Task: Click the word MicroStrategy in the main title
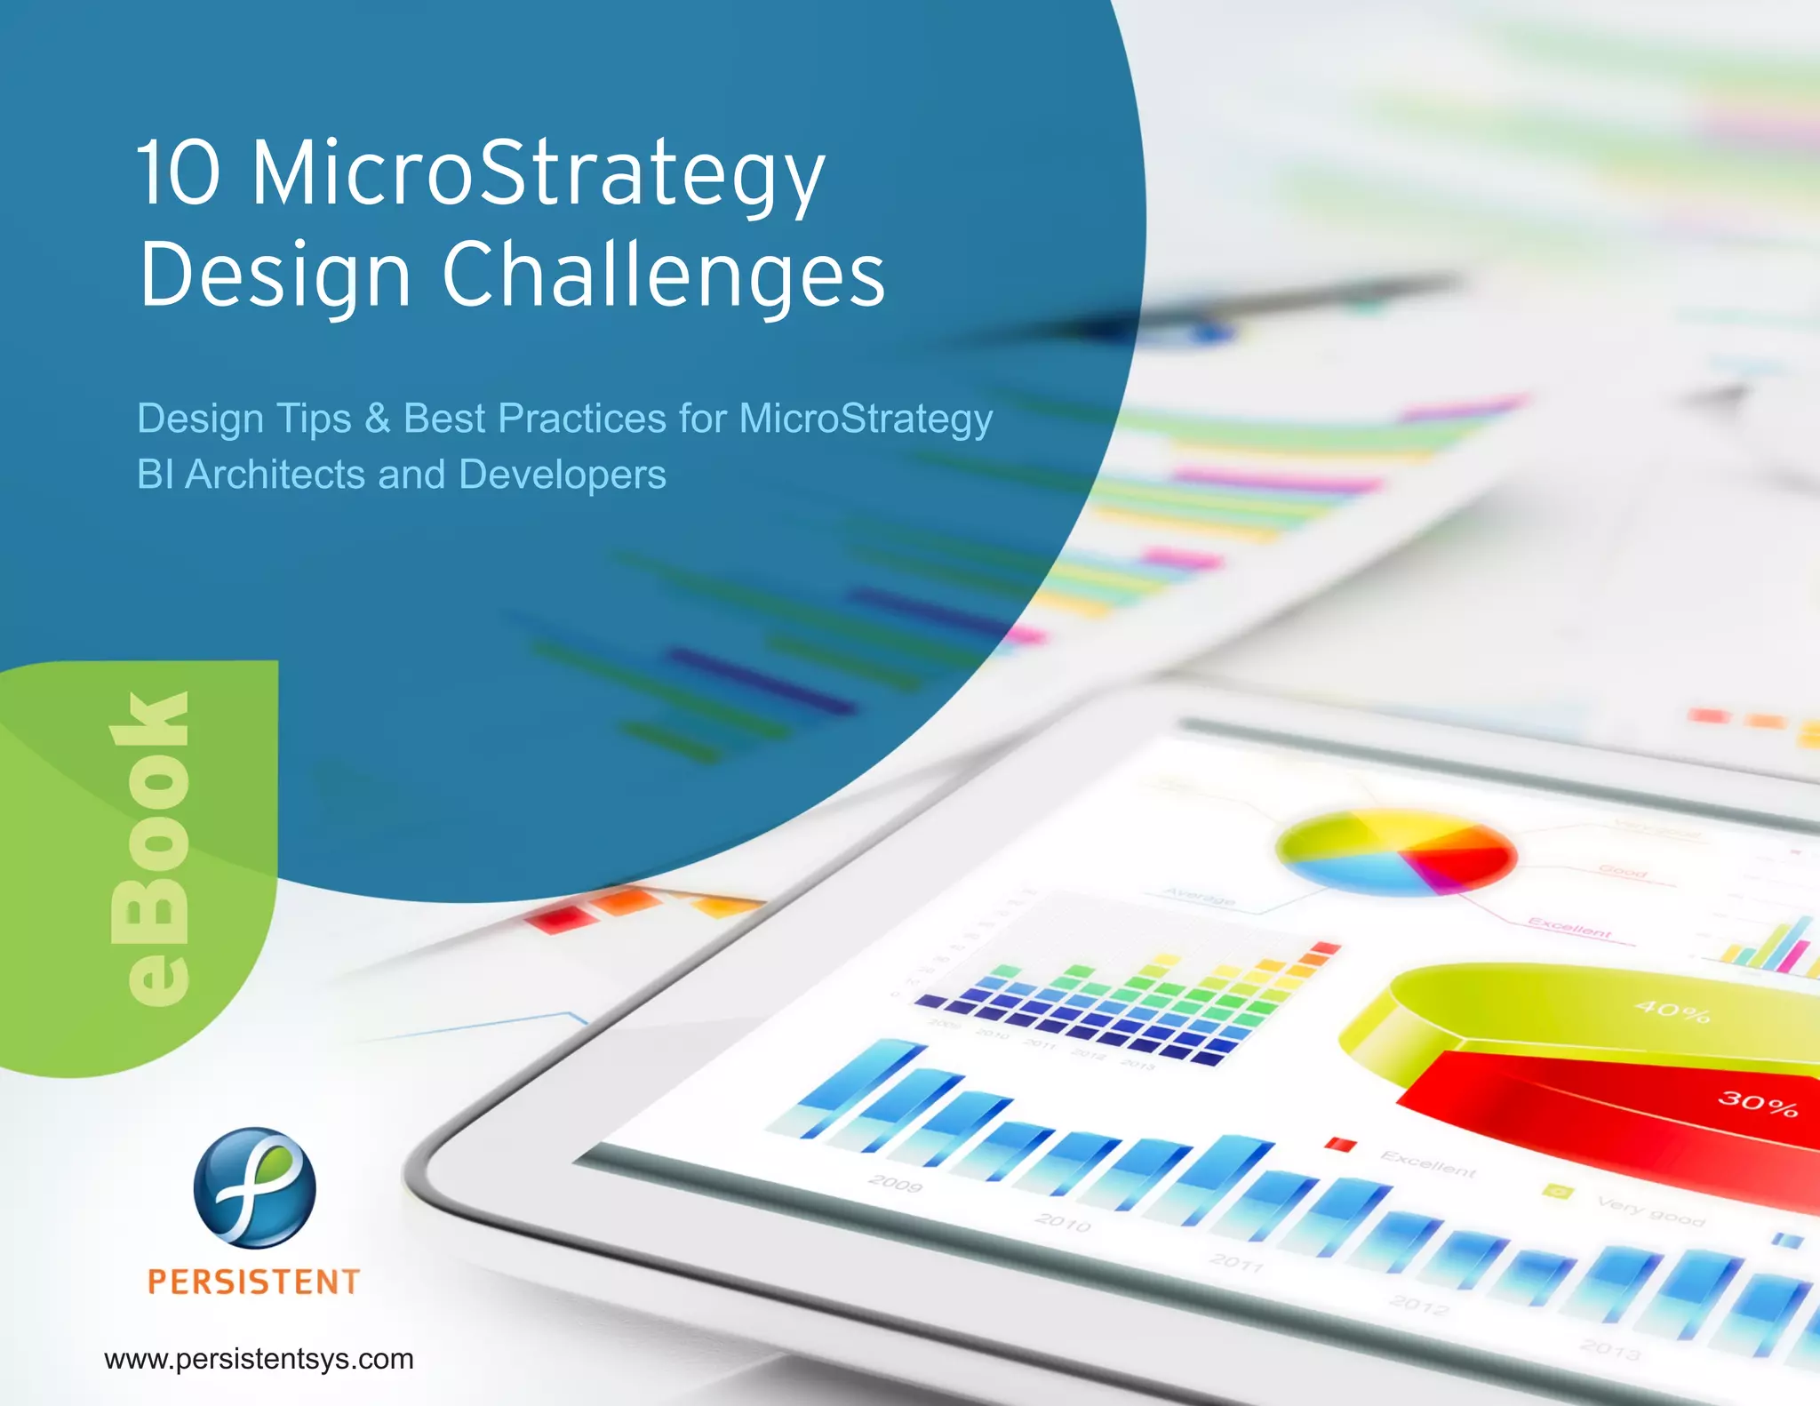538,175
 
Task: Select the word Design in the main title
275,276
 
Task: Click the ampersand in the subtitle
378,419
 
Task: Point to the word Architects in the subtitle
275,475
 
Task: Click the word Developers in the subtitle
563,475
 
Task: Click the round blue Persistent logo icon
254,1187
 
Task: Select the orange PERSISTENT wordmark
254,1282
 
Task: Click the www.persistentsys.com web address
259,1359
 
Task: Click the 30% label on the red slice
1757,1104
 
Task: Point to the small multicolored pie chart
1395,851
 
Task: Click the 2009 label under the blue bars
895,1184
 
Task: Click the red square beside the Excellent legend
1340,1145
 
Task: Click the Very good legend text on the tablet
1650,1211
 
